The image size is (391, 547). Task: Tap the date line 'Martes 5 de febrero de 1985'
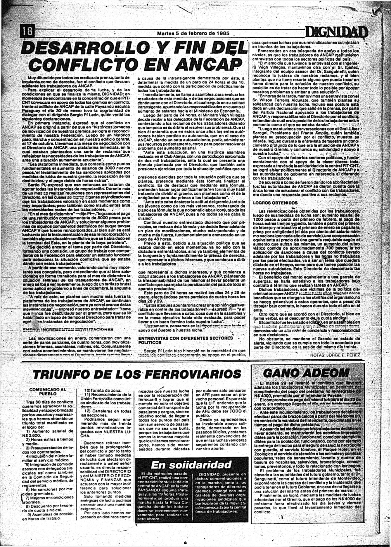click(193, 34)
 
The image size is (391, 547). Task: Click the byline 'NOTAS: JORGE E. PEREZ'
click(335, 355)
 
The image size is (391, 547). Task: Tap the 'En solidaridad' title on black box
click(191, 465)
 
